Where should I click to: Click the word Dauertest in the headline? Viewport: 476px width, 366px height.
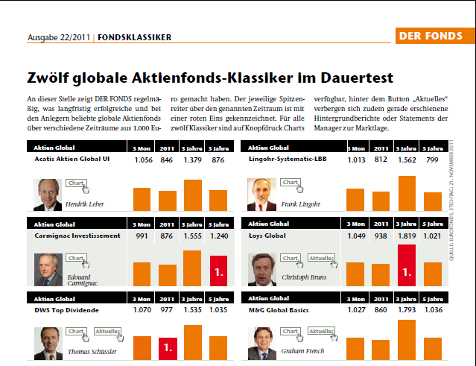coord(351,78)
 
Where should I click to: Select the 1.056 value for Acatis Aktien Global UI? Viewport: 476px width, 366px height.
coord(142,160)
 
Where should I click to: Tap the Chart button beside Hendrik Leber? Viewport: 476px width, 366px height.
coord(75,183)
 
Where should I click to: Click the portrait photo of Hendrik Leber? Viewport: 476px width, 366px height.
coord(48,195)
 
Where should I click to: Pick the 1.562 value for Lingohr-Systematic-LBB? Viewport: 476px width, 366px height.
coord(407,160)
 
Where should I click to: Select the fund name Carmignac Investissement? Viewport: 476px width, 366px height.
coord(77,236)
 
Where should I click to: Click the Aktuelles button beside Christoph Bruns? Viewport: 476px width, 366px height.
coord(321,258)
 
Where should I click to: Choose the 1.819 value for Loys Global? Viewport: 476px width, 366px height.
coord(407,236)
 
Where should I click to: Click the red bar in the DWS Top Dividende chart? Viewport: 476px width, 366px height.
coord(168,347)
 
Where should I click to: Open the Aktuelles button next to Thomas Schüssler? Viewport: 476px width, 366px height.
coord(107,332)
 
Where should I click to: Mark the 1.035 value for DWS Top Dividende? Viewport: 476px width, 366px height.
coord(218,309)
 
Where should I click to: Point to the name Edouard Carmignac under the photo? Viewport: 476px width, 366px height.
coord(83,280)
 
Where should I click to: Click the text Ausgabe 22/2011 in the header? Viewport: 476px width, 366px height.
coord(59,37)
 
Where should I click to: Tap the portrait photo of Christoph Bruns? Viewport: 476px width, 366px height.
coord(262,270)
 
